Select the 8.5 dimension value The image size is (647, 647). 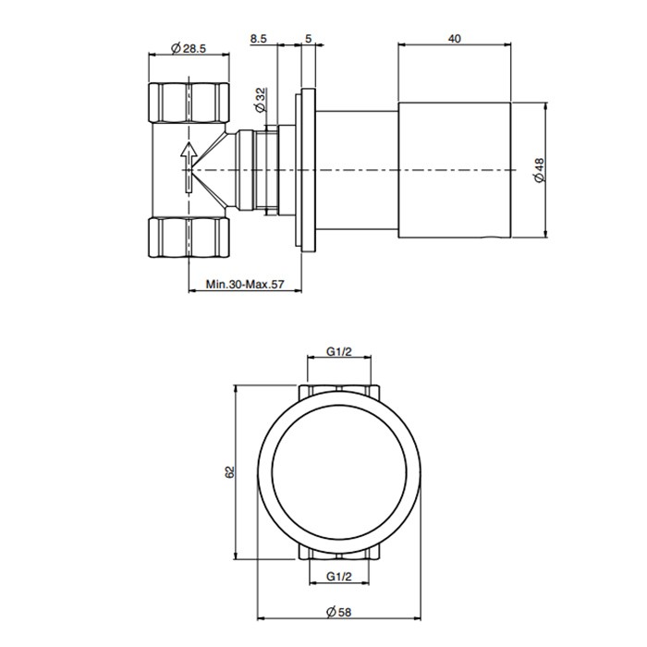260,39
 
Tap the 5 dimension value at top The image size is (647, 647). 308,39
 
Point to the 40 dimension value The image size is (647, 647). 454,39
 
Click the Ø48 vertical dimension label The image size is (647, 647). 540,169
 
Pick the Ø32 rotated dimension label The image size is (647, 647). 262,97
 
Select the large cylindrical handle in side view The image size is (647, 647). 454,169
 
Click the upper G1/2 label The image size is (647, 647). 342,353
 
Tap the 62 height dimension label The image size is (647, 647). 231,471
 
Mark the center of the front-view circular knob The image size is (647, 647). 340,471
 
